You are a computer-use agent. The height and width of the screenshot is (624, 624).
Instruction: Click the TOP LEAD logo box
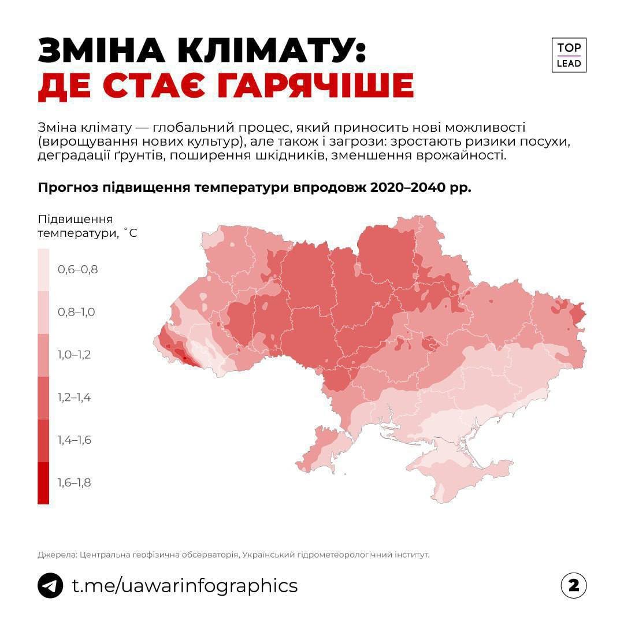(x=569, y=55)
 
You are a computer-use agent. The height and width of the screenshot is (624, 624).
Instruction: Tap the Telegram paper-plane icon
(x=50, y=585)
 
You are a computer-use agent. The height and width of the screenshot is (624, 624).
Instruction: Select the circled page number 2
(x=573, y=585)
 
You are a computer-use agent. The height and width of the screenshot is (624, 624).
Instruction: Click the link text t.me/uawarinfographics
(x=184, y=585)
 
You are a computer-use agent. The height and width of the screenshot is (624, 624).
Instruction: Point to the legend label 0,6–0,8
(x=77, y=269)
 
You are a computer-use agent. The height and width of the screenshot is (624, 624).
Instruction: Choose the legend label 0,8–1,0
(x=76, y=312)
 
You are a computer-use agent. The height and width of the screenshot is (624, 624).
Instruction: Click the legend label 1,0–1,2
(x=74, y=355)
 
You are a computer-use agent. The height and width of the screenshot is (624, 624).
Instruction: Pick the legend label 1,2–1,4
(x=74, y=398)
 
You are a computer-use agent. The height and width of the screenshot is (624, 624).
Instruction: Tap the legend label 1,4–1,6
(x=74, y=440)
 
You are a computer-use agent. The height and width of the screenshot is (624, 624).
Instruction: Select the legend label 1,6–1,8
(x=74, y=483)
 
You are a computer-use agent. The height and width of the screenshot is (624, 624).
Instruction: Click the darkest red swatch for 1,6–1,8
(x=43, y=483)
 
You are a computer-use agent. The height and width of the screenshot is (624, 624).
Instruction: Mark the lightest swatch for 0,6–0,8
(x=43, y=269)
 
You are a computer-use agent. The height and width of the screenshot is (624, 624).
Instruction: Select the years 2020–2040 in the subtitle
(x=407, y=188)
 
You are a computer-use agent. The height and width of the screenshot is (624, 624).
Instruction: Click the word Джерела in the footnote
(x=56, y=555)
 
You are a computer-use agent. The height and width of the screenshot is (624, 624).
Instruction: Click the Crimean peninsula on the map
(x=456, y=471)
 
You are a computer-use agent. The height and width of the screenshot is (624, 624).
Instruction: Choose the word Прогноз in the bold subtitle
(x=67, y=188)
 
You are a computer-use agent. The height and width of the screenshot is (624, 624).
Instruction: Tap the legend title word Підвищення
(x=75, y=220)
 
